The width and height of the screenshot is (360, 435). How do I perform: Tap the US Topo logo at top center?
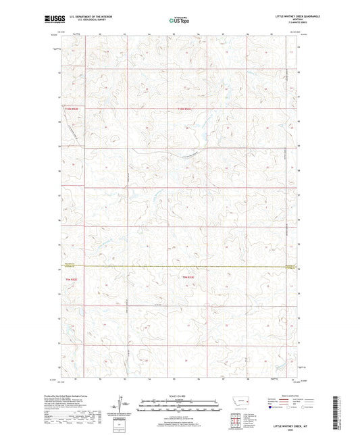click(x=178, y=20)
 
